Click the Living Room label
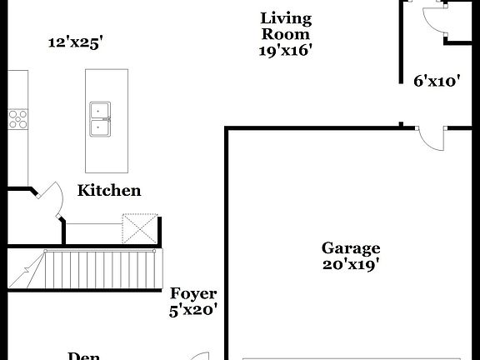[286, 26]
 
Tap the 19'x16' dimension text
[286, 50]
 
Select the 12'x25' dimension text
[75, 42]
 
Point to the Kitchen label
[109, 191]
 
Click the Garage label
[351, 248]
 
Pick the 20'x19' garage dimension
[351, 265]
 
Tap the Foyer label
[193, 294]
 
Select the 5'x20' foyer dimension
[193, 310]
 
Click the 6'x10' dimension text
[437, 82]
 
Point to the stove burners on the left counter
[18, 119]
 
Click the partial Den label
[83, 356]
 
